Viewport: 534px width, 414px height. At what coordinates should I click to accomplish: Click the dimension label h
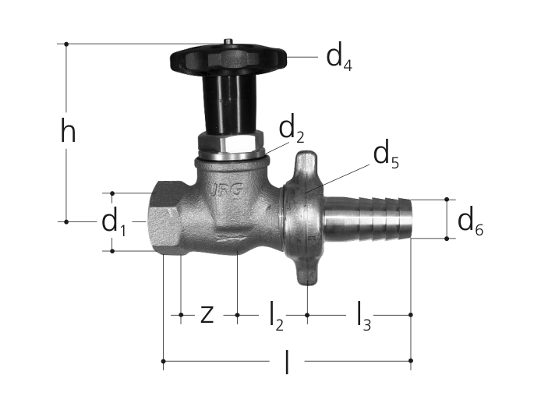point(68,130)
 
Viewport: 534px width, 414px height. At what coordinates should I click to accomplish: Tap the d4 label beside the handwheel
point(339,58)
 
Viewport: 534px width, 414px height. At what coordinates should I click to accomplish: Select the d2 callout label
point(292,130)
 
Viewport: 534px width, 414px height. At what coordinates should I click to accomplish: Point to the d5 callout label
point(386,156)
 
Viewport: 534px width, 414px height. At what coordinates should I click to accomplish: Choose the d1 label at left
point(114,222)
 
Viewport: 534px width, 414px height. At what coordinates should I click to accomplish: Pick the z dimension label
point(207,314)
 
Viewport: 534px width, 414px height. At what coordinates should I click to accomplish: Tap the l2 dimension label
point(276,317)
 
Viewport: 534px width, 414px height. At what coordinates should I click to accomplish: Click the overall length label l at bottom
point(288,363)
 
